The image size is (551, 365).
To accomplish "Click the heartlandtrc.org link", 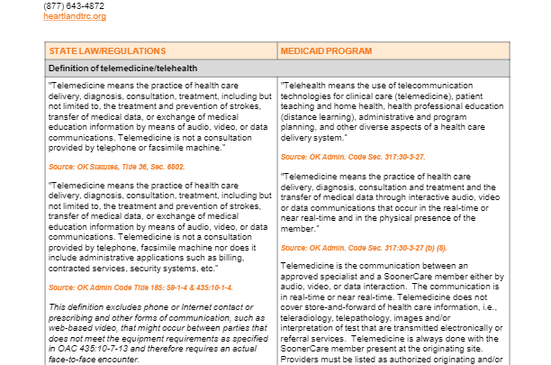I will click(x=75, y=16).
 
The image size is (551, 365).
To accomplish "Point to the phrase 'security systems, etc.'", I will click(x=184, y=268).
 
